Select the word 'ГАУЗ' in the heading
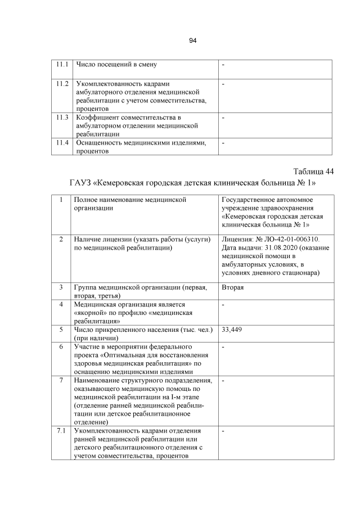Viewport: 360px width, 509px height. point(83,183)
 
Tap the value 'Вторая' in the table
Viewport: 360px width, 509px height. point(233,287)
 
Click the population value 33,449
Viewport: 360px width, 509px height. point(232,330)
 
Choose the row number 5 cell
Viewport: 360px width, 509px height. point(61,330)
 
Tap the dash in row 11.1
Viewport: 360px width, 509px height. point(223,64)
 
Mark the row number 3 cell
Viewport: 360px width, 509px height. point(61,287)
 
